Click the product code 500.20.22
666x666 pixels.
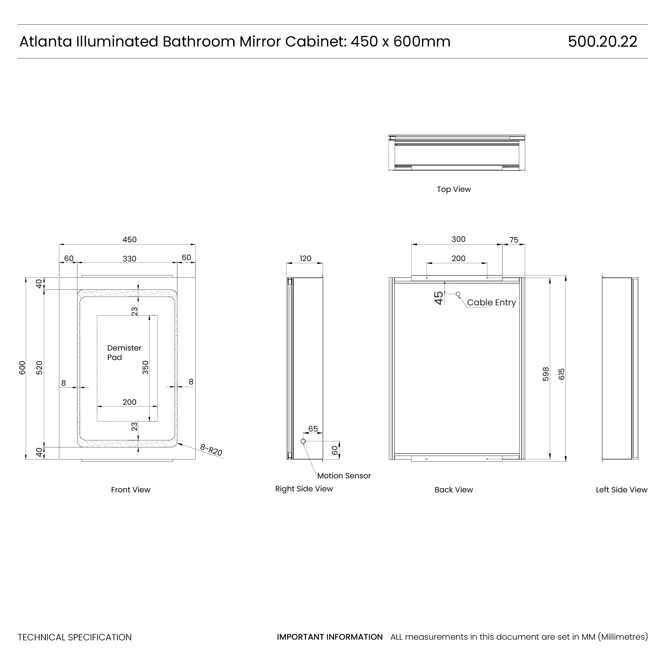coord(602,42)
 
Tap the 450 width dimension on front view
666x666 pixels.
coord(130,240)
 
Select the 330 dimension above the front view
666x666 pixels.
coord(130,259)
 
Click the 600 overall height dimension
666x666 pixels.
coord(22,368)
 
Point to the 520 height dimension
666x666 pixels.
coord(40,368)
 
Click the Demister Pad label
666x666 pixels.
coord(124,353)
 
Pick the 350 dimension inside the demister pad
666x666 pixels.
coord(146,367)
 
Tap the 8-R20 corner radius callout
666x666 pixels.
coord(211,450)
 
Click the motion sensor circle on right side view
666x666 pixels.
coord(303,441)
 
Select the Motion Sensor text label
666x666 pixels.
coord(344,476)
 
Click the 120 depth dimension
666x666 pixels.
coord(305,259)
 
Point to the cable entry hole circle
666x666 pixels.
coord(458,294)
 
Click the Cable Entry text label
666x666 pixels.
coord(491,303)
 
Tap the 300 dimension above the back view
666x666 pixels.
coord(459,240)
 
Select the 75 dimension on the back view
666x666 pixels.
coord(513,240)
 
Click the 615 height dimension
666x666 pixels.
coord(562,374)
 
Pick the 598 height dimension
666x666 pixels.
coord(546,374)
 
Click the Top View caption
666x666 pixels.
coord(454,189)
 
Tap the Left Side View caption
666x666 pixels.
coord(621,490)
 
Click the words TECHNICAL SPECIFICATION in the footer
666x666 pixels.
coord(75,637)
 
